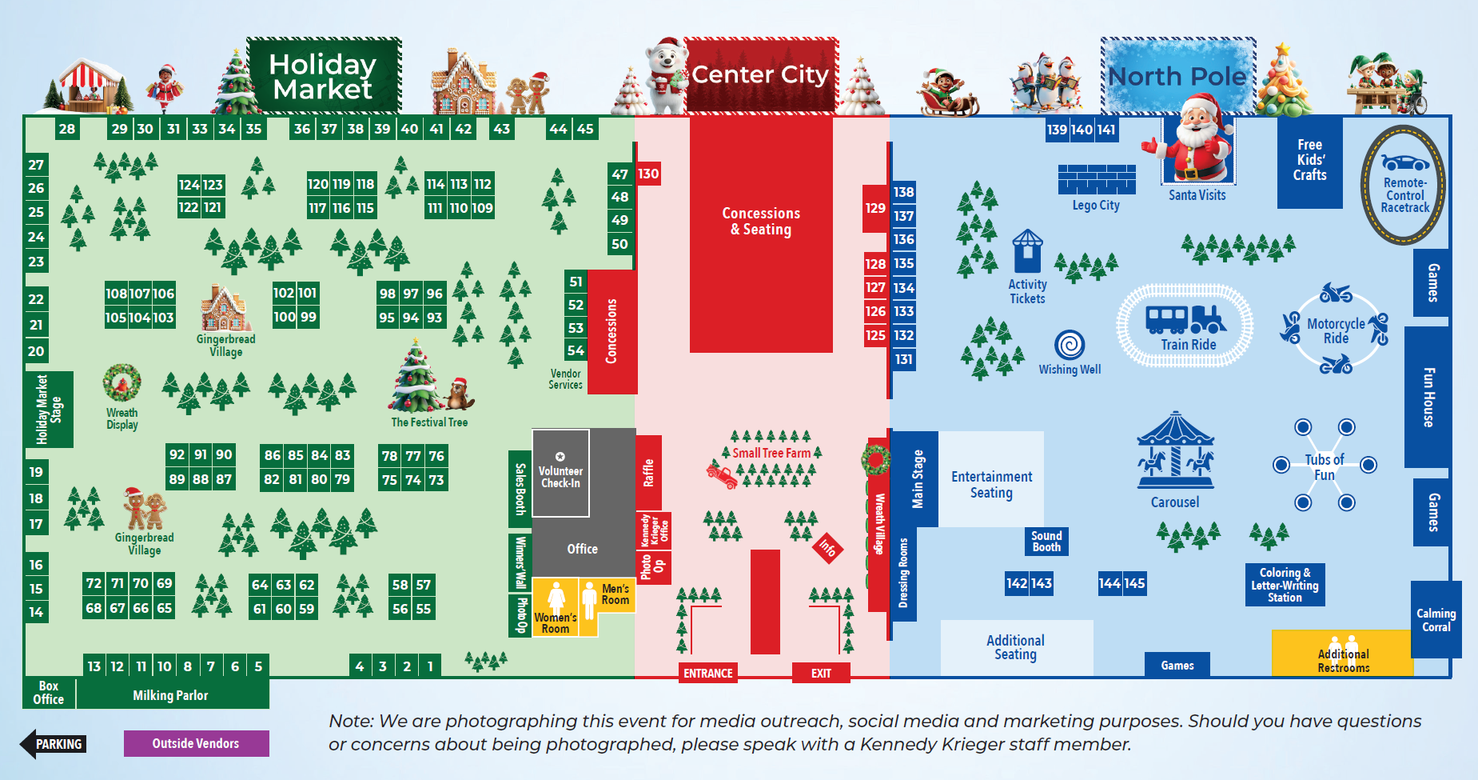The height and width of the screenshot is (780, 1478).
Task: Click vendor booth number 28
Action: pos(67,129)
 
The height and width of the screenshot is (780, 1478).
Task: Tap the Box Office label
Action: pos(48,693)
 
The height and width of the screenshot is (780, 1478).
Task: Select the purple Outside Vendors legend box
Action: pos(196,743)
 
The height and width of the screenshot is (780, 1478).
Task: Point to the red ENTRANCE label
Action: pos(707,673)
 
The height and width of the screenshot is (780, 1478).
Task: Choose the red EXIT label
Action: pos(821,673)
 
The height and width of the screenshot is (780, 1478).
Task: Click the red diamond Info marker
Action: pos(827,548)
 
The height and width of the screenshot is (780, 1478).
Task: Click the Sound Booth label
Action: pos(1046,542)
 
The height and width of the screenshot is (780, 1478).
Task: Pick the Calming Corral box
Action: pos(1436,620)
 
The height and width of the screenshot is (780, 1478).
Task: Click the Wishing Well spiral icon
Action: pos(1070,345)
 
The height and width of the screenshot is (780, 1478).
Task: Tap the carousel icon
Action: pos(1175,452)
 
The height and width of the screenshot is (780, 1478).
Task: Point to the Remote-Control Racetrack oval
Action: pos(1404,186)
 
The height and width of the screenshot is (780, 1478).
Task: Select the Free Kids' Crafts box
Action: pos(1309,161)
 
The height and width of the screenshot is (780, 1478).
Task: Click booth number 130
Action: pos(648,174)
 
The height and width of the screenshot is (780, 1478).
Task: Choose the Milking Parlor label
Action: pos(170,695)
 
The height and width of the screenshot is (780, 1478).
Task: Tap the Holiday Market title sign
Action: pos(323,76)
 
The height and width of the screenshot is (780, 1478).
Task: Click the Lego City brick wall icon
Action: pos(1097,179)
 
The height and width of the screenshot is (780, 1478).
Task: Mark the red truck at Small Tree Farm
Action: pos(721,475)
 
